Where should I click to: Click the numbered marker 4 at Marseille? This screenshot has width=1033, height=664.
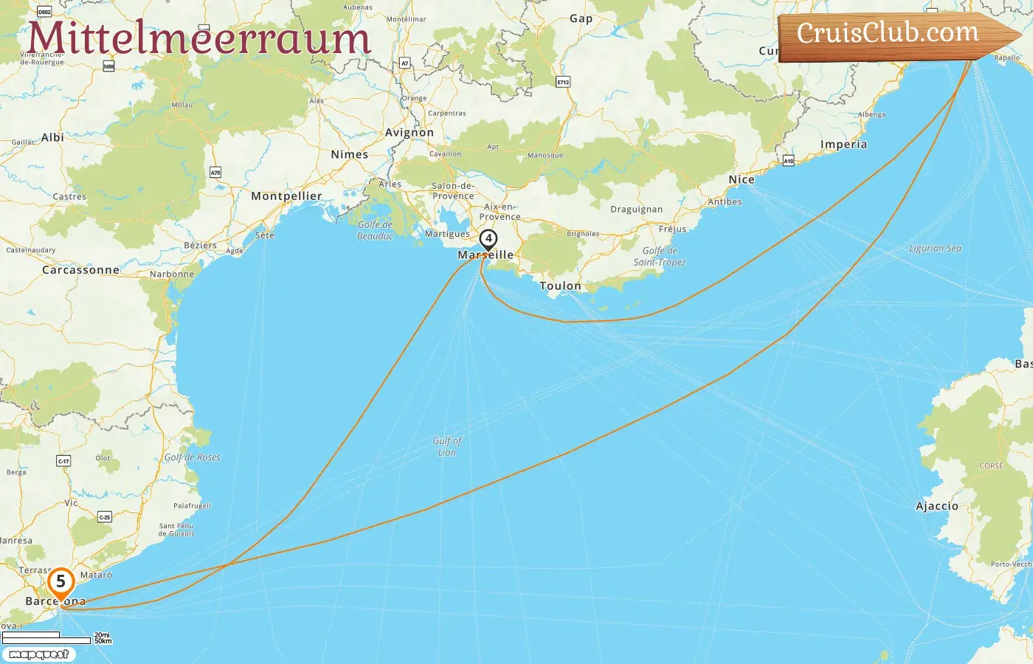coord(488,240)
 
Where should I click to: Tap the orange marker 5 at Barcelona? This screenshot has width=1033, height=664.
coord(61,583)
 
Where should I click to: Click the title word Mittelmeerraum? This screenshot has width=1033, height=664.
coord(198,38)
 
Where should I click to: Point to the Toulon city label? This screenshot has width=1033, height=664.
coord(560,286)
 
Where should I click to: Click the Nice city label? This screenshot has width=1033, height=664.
coord(742,180)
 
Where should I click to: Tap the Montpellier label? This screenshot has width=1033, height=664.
coord(286,196)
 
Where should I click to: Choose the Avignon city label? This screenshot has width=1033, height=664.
coord(410,133)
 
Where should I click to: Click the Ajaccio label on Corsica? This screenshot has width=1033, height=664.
coord(937,506)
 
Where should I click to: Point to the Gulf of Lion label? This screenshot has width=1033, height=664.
coord(447,446)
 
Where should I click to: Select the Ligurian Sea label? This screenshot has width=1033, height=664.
coord(935,249)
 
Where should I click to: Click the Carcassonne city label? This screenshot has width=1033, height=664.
coord(80,270)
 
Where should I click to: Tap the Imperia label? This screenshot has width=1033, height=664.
coord(843,145)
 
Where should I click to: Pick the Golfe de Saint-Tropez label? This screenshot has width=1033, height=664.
coord(660,257)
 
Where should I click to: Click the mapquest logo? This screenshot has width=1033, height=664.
coord(39,654)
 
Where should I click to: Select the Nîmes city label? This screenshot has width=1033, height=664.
coord(350,155)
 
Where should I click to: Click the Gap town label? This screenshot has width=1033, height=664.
coord(581,19)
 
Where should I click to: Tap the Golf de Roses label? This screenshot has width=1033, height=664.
coord(192,457)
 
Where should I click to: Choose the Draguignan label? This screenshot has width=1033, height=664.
coord(636,210)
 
